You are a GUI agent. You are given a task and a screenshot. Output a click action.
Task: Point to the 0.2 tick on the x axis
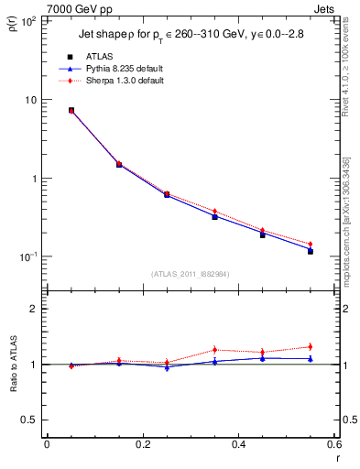142,443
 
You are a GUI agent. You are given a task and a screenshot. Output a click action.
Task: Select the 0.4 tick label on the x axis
238,443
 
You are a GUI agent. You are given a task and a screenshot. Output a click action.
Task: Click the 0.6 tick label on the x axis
333,443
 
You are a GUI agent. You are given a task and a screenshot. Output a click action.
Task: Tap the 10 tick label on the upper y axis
31,100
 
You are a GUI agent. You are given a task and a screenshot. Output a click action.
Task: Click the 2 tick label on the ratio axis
33,309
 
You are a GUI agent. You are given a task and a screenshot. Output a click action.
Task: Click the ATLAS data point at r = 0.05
71,110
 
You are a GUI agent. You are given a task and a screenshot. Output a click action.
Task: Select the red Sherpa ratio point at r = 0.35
214,349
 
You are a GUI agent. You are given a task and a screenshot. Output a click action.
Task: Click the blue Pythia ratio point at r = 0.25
167,366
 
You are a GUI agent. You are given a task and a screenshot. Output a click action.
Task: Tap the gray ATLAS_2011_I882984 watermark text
190,274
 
